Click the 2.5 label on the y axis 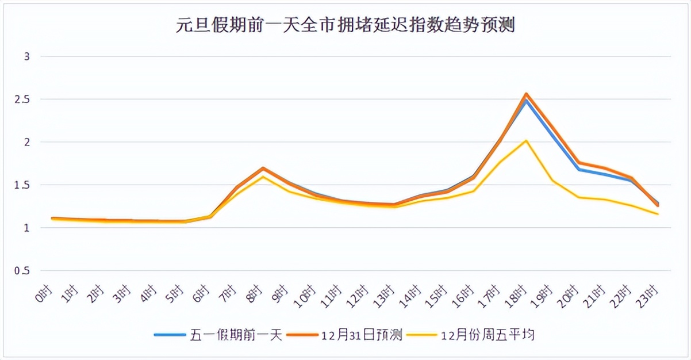(x=23, y=99)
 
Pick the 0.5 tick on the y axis (x=23, y=271)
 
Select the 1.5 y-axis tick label (x=23, y=185)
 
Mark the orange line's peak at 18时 (x=526, y=94)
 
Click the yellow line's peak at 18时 (x=526, y=140)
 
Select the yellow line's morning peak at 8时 (x=263, y=177)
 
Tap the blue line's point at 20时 (x=579, y=170)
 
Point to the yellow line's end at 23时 (x=658, y=214)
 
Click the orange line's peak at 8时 (x=263, y=168)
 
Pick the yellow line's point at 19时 (x=552, y=180)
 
